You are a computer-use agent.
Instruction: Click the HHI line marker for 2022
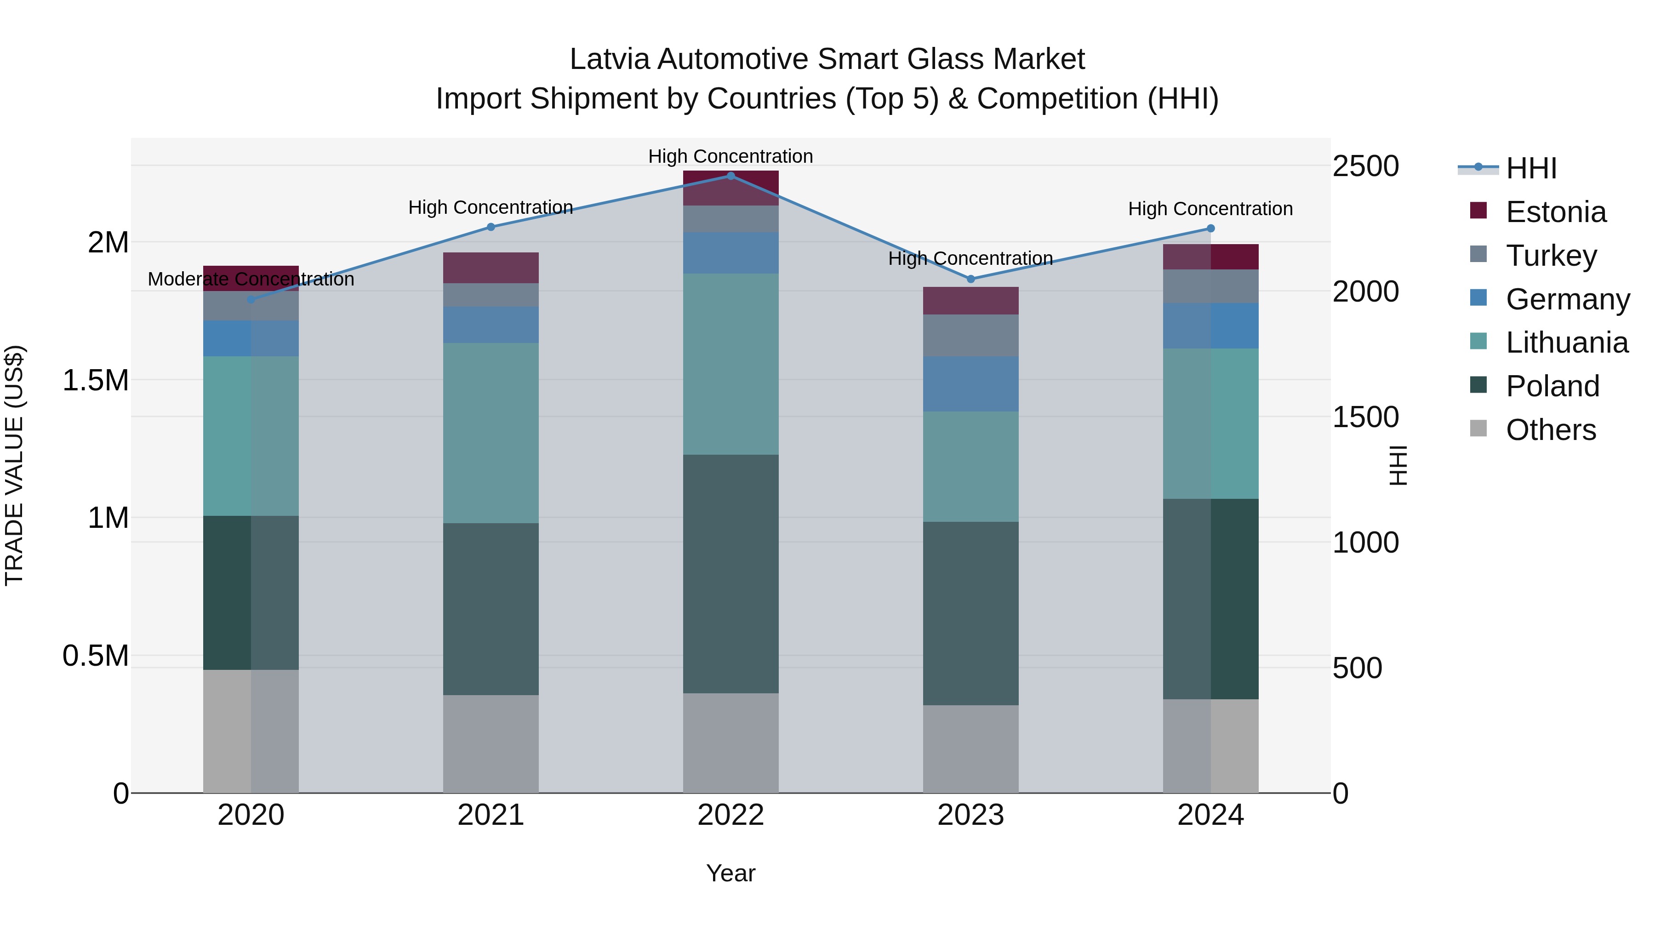click(730, 176)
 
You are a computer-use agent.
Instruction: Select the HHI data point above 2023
click(971, 279)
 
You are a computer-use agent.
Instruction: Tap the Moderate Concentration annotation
click(251, 280)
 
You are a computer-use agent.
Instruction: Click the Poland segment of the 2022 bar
click(730, 573)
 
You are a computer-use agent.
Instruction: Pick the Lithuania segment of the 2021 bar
click(491, 433)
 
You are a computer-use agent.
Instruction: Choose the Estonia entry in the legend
click(1555, 212)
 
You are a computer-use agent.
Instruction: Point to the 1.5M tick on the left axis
click(96, 380)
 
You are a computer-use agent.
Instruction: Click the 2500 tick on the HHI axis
click(1365, 166)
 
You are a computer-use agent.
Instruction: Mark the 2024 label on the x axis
click(1210, 815)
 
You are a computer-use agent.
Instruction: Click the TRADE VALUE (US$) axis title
click(14, 465)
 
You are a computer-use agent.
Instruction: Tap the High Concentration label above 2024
click(1210, 209)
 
